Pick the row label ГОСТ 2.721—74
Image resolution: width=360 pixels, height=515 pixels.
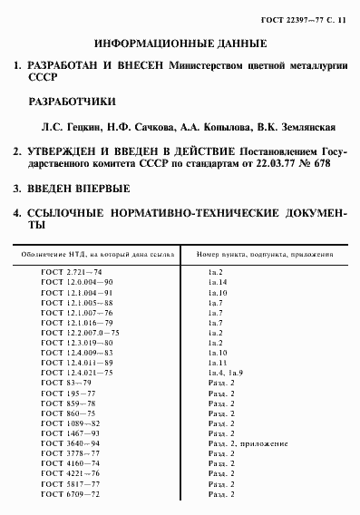tap(72, 272)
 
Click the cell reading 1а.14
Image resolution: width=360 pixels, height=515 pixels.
tap(219, 284)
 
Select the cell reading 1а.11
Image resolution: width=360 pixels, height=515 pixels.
tap(219, 362)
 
